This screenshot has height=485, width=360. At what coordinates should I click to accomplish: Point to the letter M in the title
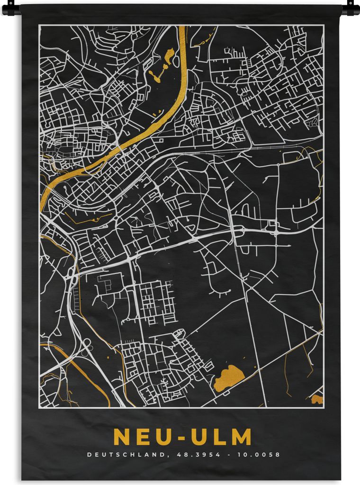tap(241, 437)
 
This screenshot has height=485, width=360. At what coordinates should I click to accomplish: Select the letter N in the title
tap(121, 437)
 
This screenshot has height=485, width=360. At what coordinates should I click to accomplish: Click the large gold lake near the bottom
tap(228, 377)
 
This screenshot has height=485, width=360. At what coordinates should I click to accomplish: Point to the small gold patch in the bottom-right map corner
tap(317, 399)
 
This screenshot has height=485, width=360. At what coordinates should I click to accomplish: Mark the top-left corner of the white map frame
tap(39, 25)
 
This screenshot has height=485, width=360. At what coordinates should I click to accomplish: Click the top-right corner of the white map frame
tap(324, 25)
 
